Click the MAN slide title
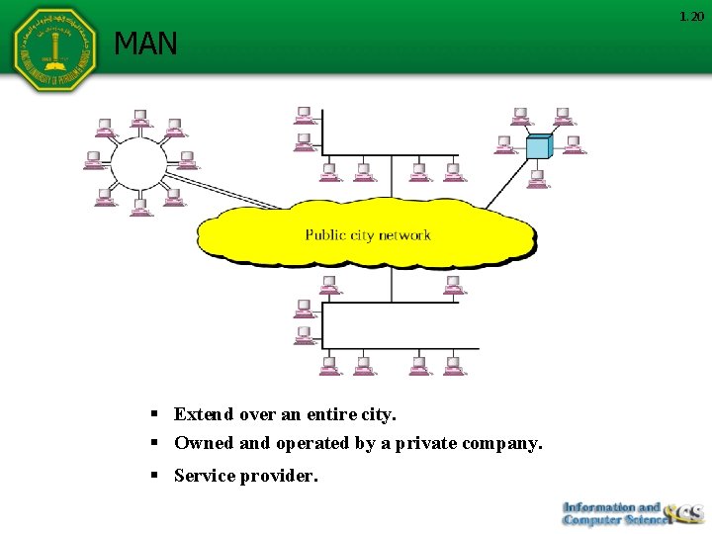[x=145, y=44]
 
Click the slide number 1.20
[x=691, y=17]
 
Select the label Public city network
[x=368, y=235]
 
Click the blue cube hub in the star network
[x=538, y=146]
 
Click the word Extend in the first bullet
[x=203, y=414]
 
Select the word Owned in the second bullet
[x=203, y=444]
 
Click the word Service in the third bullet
[x=205, y=476]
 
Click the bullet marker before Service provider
[x=155, y=476]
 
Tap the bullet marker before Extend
[x=155, y=414]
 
